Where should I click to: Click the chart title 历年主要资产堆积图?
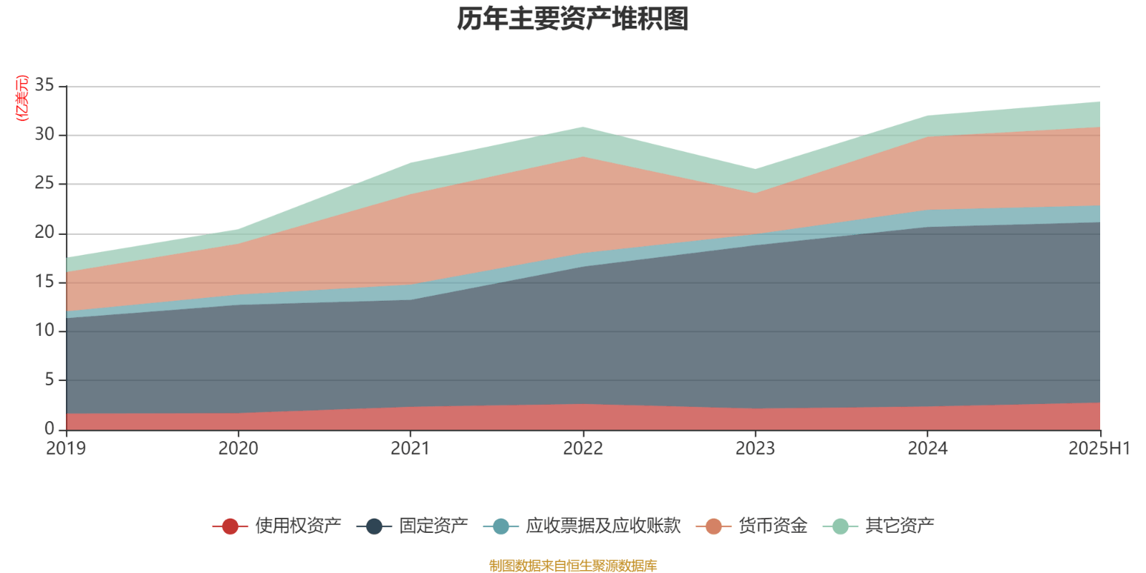pos(573,19)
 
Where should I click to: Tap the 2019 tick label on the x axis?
pos(66,448)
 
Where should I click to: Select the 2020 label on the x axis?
pos(238,448)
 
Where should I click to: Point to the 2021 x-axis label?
pos(410,448)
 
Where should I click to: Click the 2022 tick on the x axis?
pos(582,448)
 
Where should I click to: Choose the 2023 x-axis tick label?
pos(755,448)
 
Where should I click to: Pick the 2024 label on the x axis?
pos(927,448)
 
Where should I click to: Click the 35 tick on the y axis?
pos(44,85)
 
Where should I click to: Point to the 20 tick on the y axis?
pos(44,232)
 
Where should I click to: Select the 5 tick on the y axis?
pos(49,379)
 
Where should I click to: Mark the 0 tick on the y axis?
pos(49,428)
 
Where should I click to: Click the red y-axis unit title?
pos(21,97)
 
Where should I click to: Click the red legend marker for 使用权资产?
pos(230,526)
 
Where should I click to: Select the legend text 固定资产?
pos(433,526)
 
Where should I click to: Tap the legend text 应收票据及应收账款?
pos(603,526)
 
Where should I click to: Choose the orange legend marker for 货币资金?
pos(713,526)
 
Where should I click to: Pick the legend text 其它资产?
pos(900,526)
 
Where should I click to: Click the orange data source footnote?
pos(573,566)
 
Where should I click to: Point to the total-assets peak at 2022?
pos(583,127)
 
